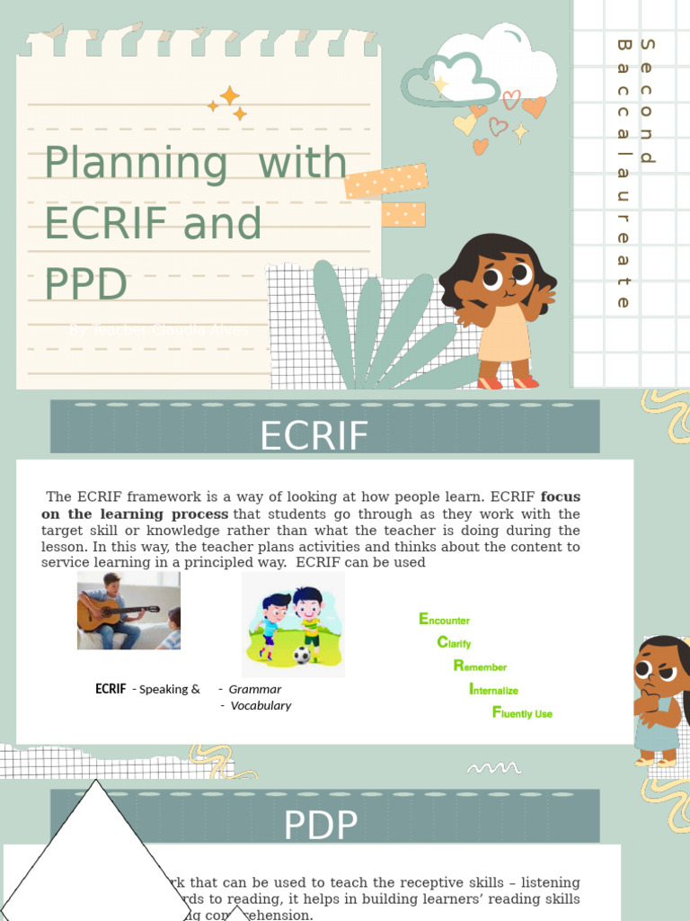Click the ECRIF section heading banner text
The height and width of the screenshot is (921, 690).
(314, 436)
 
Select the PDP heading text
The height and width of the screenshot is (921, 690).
(321, 825)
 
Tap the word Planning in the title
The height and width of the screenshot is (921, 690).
(136, 163)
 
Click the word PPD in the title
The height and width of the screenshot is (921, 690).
(86, 282)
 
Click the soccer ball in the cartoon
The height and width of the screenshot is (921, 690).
(302, 655)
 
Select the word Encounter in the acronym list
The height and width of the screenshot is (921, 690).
(445, 620)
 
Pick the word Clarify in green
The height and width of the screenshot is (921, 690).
(454, 643)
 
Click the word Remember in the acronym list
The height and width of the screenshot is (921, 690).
(480, 666)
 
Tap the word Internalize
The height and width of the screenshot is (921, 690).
(493, 690)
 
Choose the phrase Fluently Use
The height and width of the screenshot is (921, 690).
(522, 713)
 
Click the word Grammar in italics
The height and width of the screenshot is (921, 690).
(255, 689)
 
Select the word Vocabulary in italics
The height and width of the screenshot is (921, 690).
(261, 705)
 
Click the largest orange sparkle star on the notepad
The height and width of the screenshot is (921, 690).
(230, 95)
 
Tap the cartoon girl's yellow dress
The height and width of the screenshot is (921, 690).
(505, 336)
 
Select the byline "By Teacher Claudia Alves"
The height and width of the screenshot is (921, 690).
(158, 330)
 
